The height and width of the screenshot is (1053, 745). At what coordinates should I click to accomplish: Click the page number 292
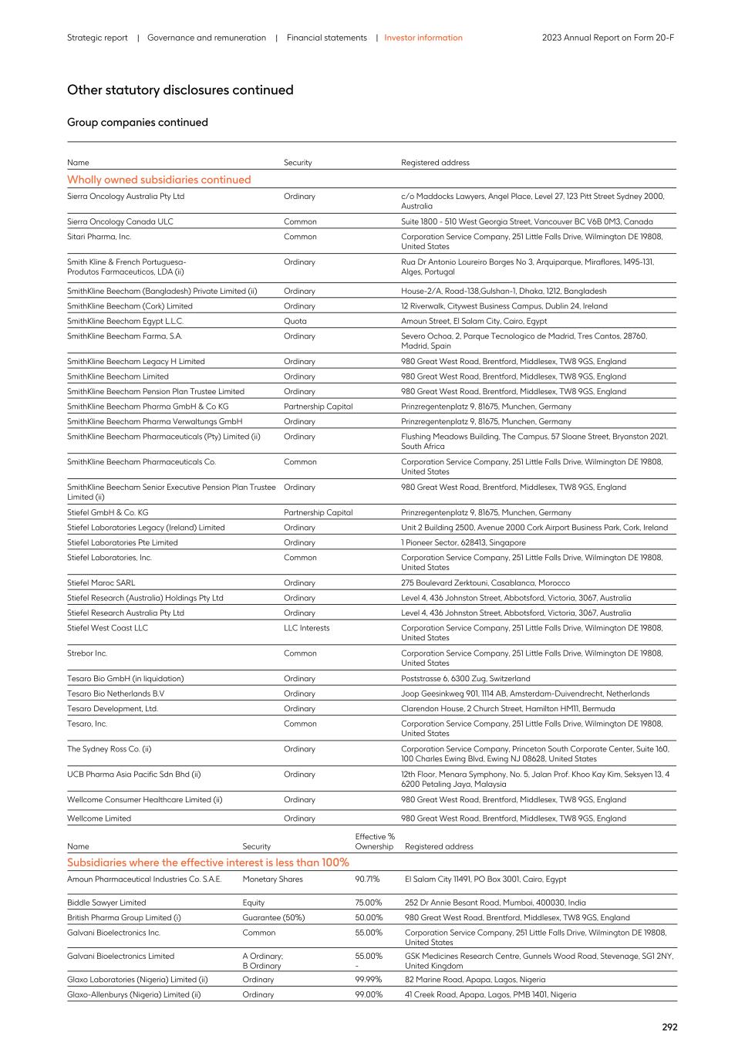[669, 1027]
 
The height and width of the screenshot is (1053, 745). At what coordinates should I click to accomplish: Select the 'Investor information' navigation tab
[423, 38]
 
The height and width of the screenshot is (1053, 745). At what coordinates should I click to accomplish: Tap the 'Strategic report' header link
[97, 38]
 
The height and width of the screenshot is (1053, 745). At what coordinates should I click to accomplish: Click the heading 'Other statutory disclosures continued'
[180, 90]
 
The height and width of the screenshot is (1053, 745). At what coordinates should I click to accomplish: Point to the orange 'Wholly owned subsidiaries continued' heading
[159, 180]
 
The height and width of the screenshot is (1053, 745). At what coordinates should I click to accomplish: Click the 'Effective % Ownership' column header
[375, 842]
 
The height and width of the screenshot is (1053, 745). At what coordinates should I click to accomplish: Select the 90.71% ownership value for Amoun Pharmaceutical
[367, 879]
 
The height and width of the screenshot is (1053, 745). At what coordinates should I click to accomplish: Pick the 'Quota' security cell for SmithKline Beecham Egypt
[295, 321]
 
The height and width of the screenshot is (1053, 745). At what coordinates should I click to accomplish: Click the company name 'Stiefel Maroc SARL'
[101, 583]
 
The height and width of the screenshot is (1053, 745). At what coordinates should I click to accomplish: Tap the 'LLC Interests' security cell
[306, 628]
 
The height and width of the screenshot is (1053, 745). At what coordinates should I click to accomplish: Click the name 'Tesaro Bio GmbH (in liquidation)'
[125, 679]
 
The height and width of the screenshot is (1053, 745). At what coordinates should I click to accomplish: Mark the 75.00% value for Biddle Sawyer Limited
[368, 903]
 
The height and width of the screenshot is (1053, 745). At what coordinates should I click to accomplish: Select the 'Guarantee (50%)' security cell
[273, 918]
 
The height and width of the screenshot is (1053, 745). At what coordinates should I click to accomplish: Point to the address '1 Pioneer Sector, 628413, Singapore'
[463, 543]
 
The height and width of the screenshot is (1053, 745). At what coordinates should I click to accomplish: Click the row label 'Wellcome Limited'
[99, 818]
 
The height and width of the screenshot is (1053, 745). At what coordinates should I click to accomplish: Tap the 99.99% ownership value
[368, 980]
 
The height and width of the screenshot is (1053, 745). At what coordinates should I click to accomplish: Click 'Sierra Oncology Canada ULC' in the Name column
[120, 221]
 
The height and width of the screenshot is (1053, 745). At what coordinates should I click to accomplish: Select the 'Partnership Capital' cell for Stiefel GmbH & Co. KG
[318, 513]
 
